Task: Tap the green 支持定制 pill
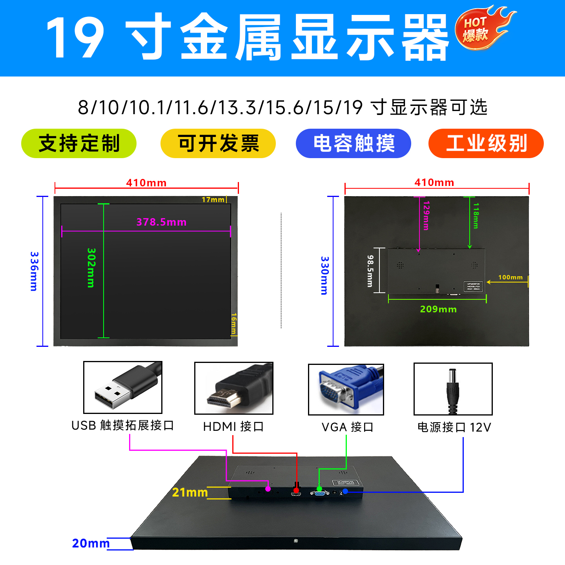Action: point(79,143)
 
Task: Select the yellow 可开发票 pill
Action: point(218,143)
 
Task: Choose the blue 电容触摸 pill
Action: point(353,143)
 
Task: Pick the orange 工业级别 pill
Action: point(486,143)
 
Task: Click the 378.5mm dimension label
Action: point(161,222)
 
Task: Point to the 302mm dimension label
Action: point(91,268)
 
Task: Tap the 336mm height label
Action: point(34,271)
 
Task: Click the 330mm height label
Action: point(324,275)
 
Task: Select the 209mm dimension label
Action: point(438,309)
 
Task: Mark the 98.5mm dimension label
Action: point(370,271)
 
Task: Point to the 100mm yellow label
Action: point(510,277)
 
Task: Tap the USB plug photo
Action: point(123,387)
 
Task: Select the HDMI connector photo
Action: point(234,388)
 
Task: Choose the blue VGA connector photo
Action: point(346,389)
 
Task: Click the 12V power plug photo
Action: point(453,389)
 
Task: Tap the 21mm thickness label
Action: point(190,492)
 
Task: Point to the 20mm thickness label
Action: point(91,543)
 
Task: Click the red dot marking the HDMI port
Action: point(296,490)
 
